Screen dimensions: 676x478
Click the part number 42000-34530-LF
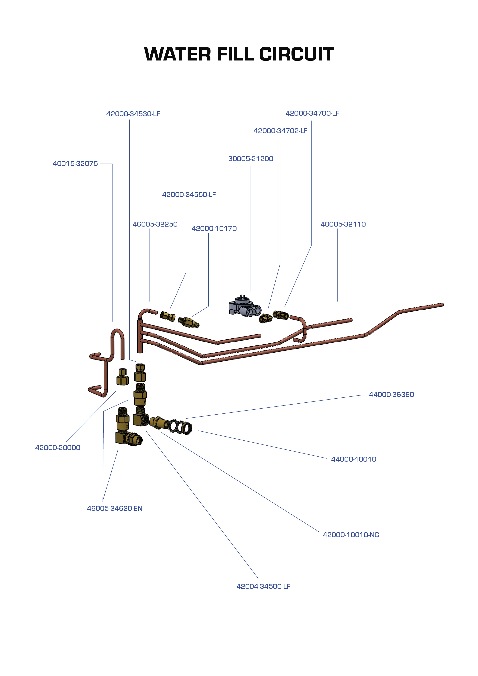tap(133, 114)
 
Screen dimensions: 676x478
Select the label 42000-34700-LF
tap(312, 113)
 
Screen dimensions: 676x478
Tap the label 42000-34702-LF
tap(280, 131)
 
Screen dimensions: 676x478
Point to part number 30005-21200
tap(251, 159)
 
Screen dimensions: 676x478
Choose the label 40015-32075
tap(75, 164)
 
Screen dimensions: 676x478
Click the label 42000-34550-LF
tap(189, 195)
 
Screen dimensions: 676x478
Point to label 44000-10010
tap(354, 459)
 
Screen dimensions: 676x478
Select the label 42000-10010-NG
tap(351, 535)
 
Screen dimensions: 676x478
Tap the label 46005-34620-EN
tap(115, 508)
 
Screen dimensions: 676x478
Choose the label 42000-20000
tap(58, 448)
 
